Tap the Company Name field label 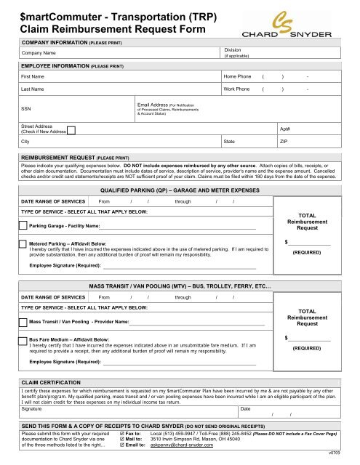pos(39,53)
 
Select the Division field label pos(233,49)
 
